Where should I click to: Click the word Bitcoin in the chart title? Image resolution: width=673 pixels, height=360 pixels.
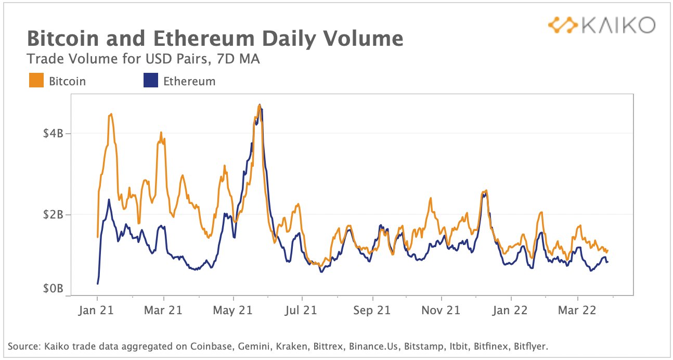61,39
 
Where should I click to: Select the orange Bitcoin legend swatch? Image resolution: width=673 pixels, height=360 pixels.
36,81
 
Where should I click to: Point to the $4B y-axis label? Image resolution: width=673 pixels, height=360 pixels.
54,133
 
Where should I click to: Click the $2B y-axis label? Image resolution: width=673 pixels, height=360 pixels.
54,214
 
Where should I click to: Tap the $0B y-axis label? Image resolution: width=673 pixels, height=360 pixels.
54,289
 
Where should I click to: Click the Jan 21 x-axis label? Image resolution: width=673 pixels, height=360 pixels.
97,311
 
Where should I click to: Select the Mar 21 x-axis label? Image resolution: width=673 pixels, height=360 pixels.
164,311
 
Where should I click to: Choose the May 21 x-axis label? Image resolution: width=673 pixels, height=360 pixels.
234,311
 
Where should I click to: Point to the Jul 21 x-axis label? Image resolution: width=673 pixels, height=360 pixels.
302,311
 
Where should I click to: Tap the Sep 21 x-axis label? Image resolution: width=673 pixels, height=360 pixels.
372,311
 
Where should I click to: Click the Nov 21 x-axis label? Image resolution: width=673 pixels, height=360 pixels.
441,311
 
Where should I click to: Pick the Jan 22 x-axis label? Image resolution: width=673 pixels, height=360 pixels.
510,311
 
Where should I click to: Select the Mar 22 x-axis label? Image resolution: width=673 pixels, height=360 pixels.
577,311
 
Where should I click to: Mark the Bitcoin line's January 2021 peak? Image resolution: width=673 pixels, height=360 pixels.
111,114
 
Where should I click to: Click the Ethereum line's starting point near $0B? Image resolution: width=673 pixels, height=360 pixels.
97,283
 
